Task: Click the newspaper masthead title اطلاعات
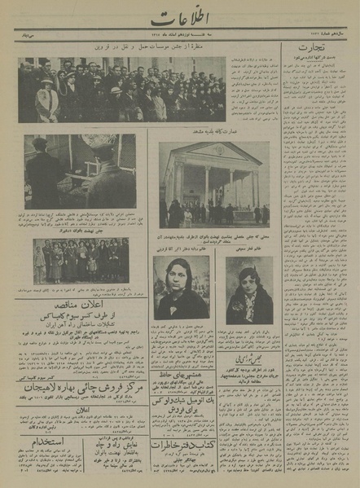(178, 15)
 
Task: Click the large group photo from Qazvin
(121, 90)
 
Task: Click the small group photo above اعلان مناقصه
(81, 261)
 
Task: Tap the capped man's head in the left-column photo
(40, 146)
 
